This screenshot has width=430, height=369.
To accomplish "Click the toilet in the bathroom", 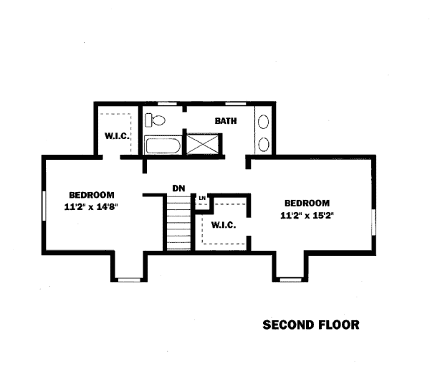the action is (x=155, y=120).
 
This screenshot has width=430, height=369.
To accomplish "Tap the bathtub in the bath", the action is (x=163, y=145).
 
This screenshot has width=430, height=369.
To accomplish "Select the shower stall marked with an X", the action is (x=202, y=144).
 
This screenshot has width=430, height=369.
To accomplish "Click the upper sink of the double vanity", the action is (x=264, y=122).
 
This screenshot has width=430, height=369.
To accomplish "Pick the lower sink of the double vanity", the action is (x=264, y=144).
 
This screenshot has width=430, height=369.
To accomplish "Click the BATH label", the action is (x=226, y=121).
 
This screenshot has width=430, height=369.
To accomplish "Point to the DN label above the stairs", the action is (x=178, y=188).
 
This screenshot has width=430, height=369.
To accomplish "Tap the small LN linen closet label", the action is (x=202, y=198).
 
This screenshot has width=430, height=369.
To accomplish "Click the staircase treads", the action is (x=178, y=222).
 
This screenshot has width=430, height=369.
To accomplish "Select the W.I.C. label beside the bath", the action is (x=117, y=135).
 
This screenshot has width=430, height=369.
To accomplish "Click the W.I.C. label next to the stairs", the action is (x=224, y=225).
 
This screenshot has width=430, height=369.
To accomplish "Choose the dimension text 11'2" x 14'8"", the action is (x=91, y=206).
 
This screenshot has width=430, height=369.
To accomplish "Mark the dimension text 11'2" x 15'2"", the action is (x=307, y=216).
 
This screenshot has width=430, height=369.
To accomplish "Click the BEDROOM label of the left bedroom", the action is (x=92, y=195).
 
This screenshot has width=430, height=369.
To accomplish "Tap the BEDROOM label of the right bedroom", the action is (x=307, y=203).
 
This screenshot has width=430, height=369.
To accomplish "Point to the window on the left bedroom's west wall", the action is (x=44, y=206).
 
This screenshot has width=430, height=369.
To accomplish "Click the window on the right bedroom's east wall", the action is (x=373, y=222).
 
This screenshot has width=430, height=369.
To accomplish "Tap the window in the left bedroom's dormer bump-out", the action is (x=129, y=280).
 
